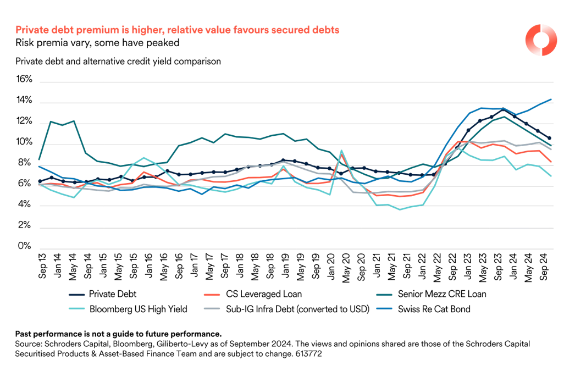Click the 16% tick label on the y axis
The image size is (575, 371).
click(25, 79)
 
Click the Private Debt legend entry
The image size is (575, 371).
click(112, 294)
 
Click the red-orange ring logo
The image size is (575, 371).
click(541, 40)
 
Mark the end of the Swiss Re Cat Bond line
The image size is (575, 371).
click(551, 99)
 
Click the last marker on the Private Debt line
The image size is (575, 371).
click(550, 138)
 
